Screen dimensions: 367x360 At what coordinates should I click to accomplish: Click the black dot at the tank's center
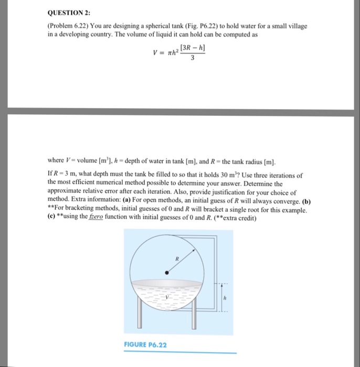167,273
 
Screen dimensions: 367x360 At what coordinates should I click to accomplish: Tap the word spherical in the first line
154,26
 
